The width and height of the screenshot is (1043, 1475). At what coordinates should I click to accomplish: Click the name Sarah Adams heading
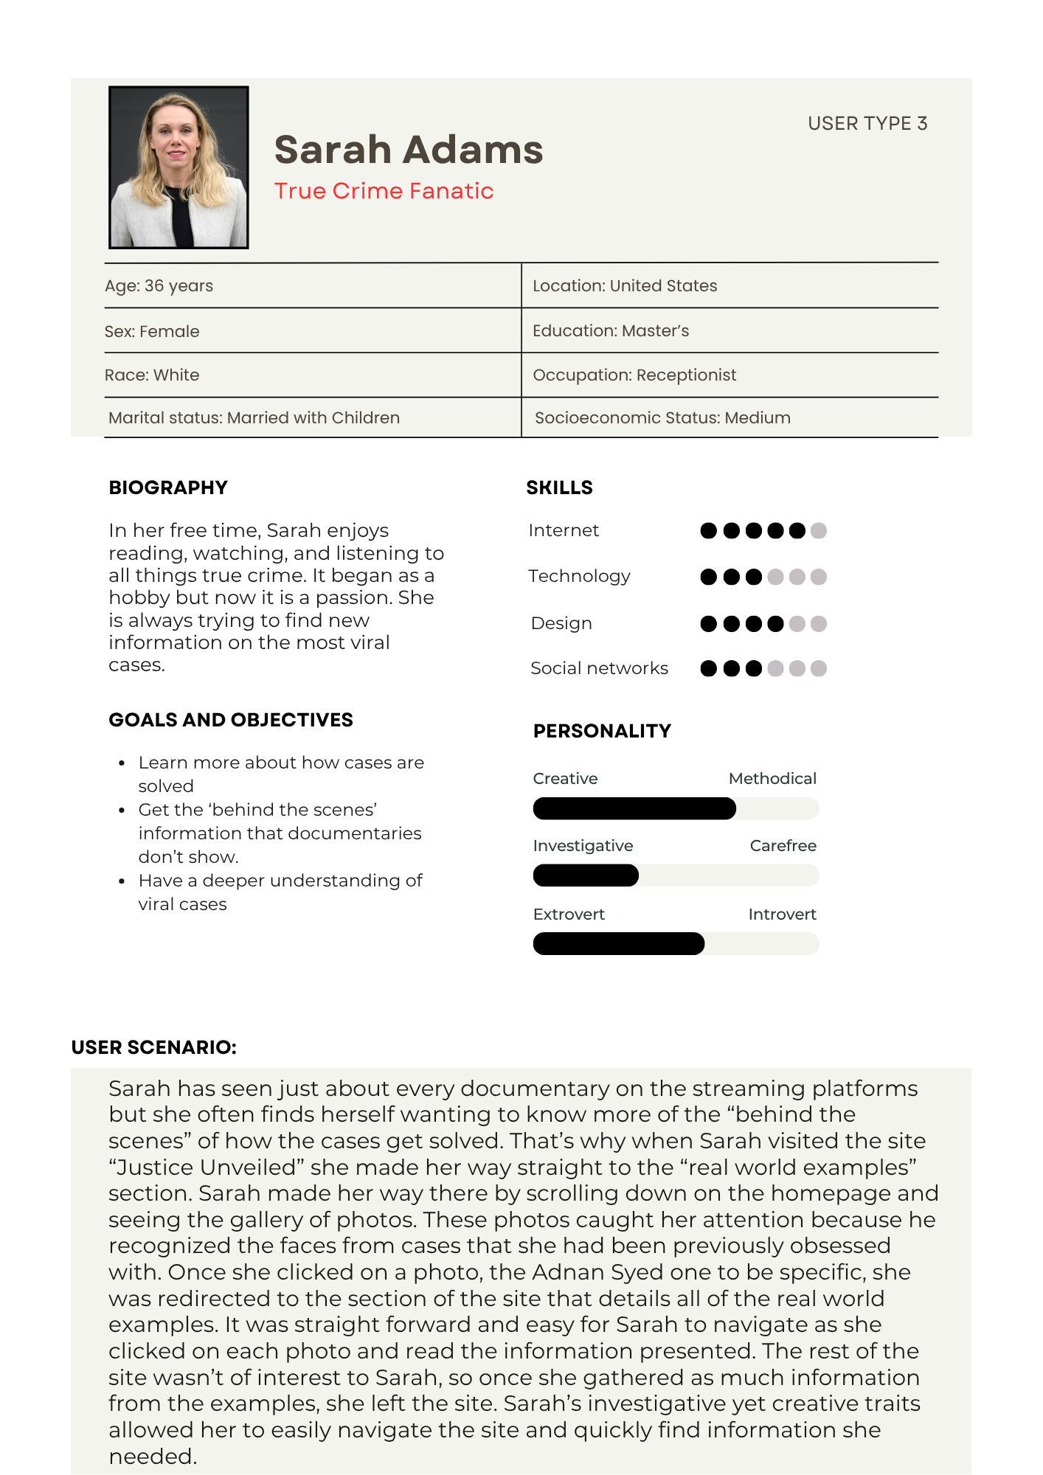(x=409, y=150)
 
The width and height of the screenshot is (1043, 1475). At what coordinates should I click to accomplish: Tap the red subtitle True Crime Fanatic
(x=384, y=191)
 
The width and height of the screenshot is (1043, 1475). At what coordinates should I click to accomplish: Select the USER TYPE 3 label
(x=867, y=123)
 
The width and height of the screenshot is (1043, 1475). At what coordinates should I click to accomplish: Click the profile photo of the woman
(x=179, y=167)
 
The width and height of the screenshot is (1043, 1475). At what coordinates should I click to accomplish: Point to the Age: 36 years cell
(x=159, y=286)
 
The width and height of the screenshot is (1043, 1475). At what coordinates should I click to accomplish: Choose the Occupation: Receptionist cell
(x=634, y=375)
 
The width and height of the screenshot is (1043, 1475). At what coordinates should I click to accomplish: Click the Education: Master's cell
(x=611, y=331)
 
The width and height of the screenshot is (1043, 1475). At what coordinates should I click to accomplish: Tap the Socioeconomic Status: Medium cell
(x=662, y=418)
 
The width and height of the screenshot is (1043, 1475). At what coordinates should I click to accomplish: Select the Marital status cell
(x=254, y=418)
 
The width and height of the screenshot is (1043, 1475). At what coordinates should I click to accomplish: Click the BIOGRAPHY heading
(x=168, y=487)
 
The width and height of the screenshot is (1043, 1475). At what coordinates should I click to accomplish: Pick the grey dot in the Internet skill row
(x=819, y=531)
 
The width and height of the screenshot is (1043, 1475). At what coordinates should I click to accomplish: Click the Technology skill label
(x=579, y=576)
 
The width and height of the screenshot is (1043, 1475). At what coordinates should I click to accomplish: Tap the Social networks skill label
(x=599, y=668)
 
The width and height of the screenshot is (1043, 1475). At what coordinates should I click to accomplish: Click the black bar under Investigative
(x=586, y=875)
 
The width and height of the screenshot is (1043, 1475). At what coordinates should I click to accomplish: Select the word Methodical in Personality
(x=772, y=779)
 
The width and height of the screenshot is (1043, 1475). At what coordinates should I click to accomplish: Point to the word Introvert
(x=782, y=914)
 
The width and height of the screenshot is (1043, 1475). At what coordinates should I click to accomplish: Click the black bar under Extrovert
(x=618, y=944)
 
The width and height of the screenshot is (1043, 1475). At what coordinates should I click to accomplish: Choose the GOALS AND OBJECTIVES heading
(x=231, y=720)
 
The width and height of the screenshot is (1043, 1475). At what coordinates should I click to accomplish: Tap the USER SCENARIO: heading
(x=154, y=1047)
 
